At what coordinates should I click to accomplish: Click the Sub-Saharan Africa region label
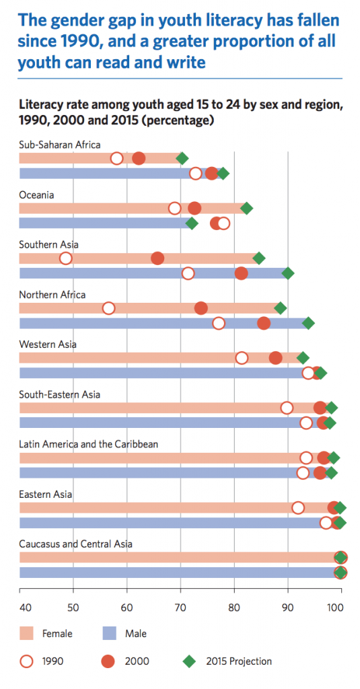pyautogui.click(x=60, y=145)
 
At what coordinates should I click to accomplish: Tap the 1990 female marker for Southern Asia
pyautogui.click(x=66, y=258)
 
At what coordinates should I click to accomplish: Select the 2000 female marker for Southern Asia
pyautogui.click(x=157, y=258)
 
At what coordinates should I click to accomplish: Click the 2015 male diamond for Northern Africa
pyautogui.click(x=308, y=323)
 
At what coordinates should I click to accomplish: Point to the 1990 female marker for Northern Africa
pyautogui.click(x=108, y=308)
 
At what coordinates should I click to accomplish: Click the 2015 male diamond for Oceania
pyautogui.click(x=192, y=223)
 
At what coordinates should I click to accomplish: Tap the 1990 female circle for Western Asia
pyautogui.click(x=242, y=358)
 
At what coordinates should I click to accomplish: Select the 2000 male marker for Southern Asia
pyautogui.click(x=241, y=273)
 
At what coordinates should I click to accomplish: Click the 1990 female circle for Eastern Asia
pyautogui.click(x=298, y=507)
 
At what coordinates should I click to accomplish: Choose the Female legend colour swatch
pyautogui.click(x=30, y=633)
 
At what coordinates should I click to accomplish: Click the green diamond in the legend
pyautogui.click(x=193, y=661)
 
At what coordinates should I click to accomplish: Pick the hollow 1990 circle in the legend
pyautogui.click(x=30, y=661)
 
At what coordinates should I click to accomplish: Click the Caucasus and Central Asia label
pyautogui.click(x=76, y=544)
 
